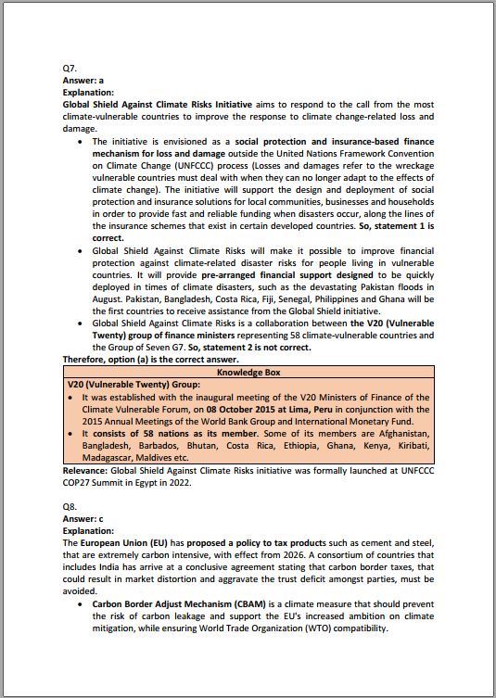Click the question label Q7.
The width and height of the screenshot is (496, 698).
(x=70, y=70)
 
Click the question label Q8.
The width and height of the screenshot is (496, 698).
(x=70, y=507)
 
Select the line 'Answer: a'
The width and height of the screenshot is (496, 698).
(x=83, y=82)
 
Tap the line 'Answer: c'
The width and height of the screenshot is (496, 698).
(x=83, y=519)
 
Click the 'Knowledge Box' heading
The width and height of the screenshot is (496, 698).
(x=248, y=372)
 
